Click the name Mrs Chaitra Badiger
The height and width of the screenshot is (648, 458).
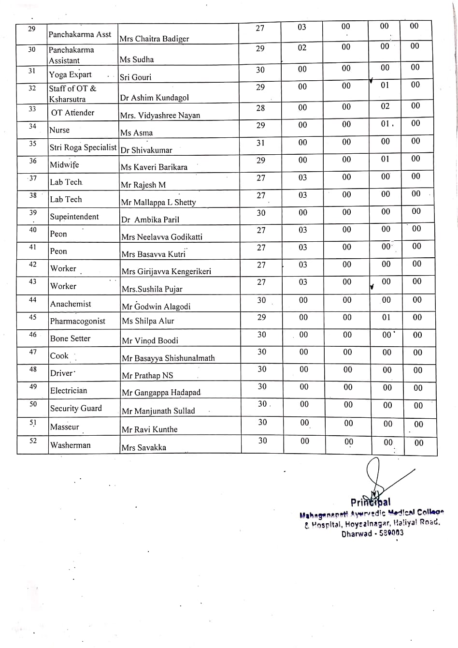coord(154,39)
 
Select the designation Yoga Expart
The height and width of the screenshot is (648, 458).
coord(70,74)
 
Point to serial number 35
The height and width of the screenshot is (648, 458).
coord(32,144)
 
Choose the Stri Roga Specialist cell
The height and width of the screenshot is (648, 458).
coord(83,147)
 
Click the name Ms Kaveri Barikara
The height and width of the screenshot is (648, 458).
coord(154,167)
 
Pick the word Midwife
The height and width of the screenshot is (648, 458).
coord(64,165)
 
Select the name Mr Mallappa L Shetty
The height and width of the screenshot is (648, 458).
coord(158,202)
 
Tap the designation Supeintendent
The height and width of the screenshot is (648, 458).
coord(74,217)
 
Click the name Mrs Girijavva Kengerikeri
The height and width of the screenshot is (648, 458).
coord(166,272)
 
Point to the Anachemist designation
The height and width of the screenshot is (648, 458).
coord(71,304)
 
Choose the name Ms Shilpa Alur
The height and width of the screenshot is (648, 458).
coord(148,321)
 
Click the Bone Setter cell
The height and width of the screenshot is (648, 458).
coord(70,339)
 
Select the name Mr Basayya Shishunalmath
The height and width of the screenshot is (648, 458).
coord(168,358)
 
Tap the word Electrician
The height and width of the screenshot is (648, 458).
coord(69,391)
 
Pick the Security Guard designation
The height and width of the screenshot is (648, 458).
coord(76,409)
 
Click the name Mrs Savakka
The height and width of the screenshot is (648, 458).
coord(143,448)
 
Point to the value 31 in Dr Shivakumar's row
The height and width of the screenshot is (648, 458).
coord(261,143)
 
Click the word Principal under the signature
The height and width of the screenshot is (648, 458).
coord(371,502)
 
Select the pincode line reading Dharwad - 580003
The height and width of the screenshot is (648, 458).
coord(372,534)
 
